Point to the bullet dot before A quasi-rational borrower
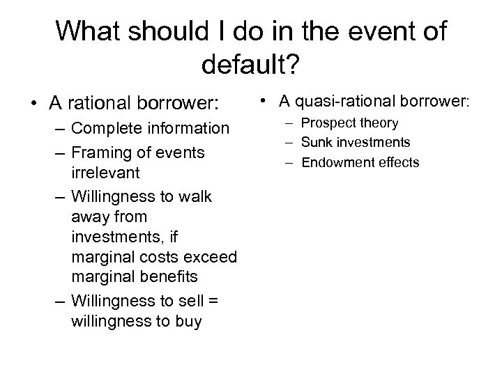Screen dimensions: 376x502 268,102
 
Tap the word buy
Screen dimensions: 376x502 185,322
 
